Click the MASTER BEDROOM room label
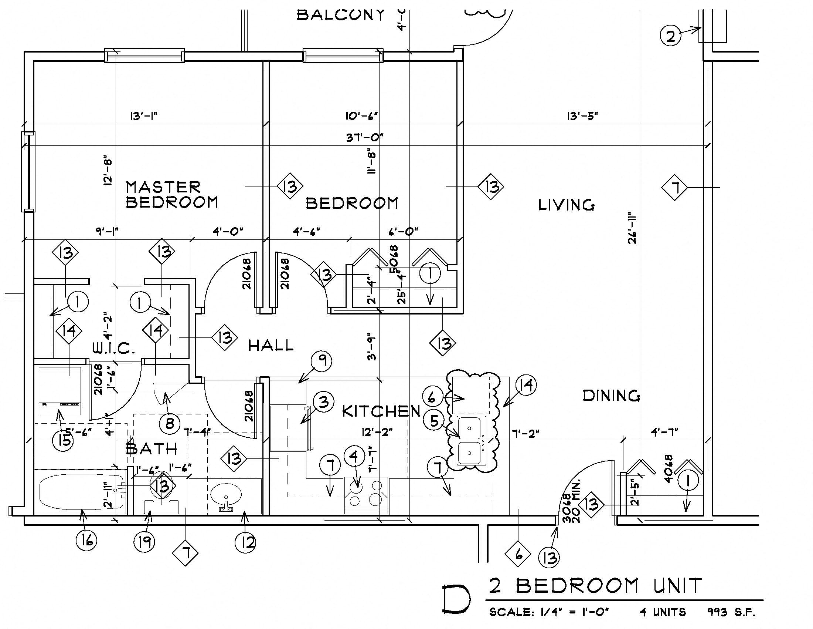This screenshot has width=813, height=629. point(171,195)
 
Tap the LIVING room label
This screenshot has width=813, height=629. point(566,205)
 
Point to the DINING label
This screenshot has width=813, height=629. point(611,396)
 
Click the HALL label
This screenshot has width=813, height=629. point(271,346)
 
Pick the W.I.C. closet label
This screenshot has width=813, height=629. point(113,349)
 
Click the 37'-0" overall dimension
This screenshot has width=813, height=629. point(365,138)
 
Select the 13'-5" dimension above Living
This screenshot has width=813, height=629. point(582,116)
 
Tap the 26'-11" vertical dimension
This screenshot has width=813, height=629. point(632,228)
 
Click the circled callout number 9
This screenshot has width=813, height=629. point(322,361)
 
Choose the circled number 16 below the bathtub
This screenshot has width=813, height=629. point(86,540)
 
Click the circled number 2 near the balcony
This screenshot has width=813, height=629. point(670,37)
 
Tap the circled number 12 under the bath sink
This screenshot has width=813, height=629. point(245,542)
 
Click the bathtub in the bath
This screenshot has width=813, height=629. point(81,492)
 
